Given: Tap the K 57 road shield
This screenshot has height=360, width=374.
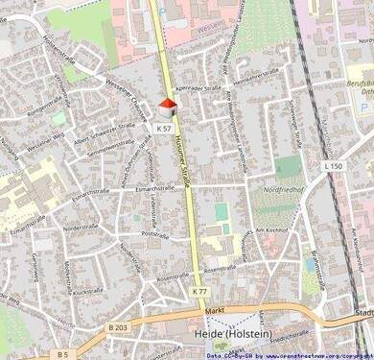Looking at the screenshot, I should pos(164,128).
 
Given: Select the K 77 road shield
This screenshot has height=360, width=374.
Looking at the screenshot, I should pos(199,290).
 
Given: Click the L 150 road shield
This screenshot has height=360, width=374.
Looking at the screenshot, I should pos(333,167).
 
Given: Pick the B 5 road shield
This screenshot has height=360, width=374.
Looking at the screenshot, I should pos(63,354).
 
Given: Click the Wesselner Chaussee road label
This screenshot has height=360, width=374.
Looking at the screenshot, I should pos(126,97).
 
